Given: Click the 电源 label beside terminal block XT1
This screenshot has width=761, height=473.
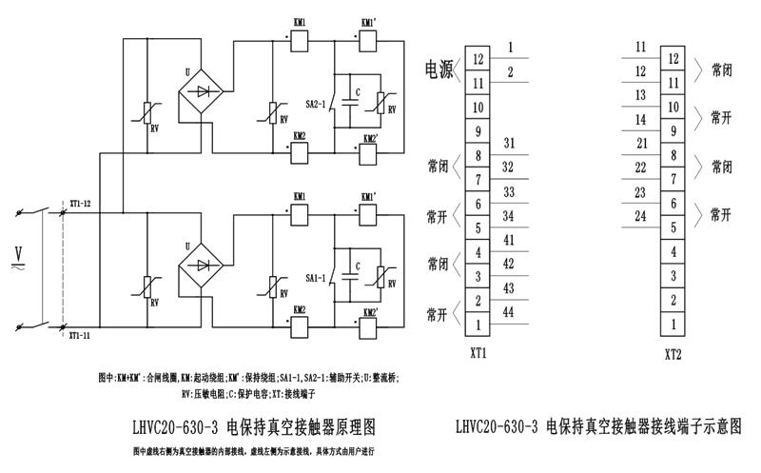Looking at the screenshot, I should click(439, 69).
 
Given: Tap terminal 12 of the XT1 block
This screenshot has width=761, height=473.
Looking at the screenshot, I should click(478, 58).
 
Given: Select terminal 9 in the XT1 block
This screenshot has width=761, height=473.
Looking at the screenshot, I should click(478, 131).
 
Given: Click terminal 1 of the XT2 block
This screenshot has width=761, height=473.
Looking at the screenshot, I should click(674, 325).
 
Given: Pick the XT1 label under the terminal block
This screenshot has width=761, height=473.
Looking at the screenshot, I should click(478, 353).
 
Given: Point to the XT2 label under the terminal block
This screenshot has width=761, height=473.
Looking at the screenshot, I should click(673, 353).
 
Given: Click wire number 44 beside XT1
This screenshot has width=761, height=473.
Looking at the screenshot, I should click(508, 311).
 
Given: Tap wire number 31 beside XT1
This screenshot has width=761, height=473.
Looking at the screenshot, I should click(508, 143).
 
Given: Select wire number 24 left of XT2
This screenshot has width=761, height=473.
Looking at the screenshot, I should click(641, 216).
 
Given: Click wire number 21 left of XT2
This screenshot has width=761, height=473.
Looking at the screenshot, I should click(641, 143).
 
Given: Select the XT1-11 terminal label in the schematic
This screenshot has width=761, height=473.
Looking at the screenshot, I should click(80, 336).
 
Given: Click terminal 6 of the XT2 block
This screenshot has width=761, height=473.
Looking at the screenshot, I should click(674, 203).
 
